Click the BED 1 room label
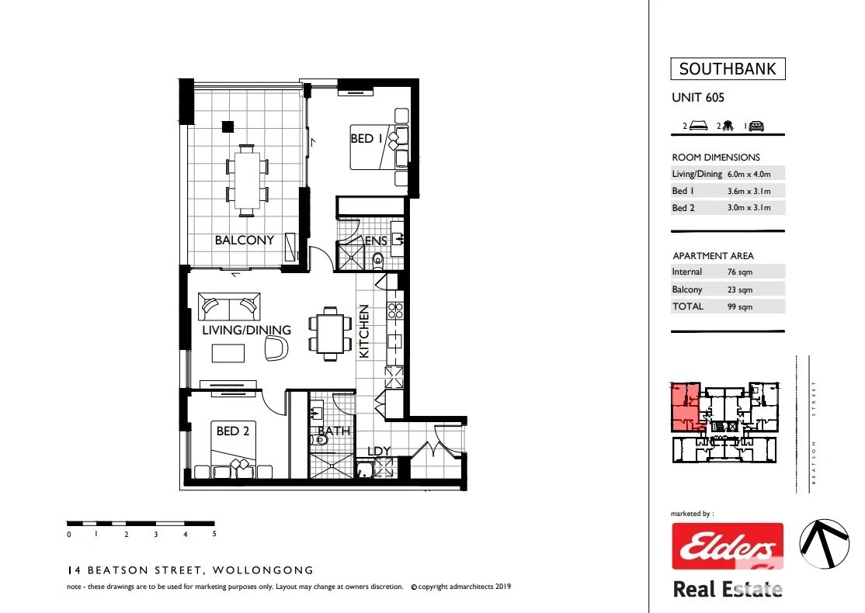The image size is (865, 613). [x=367, y=139]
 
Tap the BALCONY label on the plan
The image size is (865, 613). [x=245, y=241]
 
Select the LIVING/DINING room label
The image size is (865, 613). [x=247, y=330]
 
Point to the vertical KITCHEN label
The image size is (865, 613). [x=364, y=331]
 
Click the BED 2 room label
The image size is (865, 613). [x=233, y=431]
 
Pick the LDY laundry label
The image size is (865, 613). [x=379, y=452]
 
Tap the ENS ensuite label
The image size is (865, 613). [x=376, y=241]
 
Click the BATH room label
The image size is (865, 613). [x=334, y=431]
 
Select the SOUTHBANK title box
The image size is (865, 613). [x=728, y=69]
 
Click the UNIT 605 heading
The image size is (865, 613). [x=698, y=98]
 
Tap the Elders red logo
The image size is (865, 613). [x=727, y=547]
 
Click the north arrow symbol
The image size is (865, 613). [x=824, y=544]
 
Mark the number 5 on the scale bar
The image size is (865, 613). [x=214, y=534]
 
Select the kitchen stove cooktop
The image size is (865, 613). [x=394, y=310]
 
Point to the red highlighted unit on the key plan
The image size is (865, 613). [x=685, y=407]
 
